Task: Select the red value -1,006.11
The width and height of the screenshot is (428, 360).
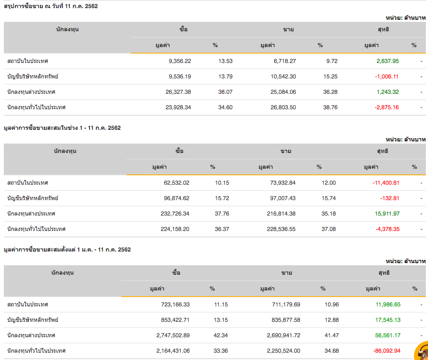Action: click(386, 76)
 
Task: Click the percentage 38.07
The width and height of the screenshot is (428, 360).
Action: click(225, 92)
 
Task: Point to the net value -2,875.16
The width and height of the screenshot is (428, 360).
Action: click(386, 107)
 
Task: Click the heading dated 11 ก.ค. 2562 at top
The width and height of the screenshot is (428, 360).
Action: click(51, 6)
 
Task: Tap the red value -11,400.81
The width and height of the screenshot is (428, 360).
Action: click(386, 183)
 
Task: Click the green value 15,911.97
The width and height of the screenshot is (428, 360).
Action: click(387, 213)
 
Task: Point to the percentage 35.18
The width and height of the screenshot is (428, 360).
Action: click(329, 213)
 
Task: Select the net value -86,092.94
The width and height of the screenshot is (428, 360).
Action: click(387, 351)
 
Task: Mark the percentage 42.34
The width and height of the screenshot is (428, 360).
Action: click(221, 335)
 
